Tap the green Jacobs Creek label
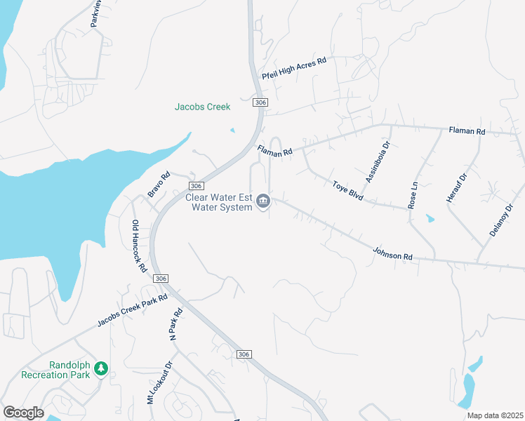pyautogui.click(x=202, y=107)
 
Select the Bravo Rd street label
pyautogui.click(x=159, y=184)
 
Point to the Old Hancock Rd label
pyautogui.click(x=139, y=246)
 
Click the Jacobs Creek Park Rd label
pyautogui.click(x=132, y=310)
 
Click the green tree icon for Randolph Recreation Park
pyautogui.click(x=101, y=368)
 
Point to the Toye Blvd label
pyautogui.click(x=347, y=190)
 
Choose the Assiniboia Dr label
pyautogui.click(x=377, y=161)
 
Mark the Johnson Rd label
pyautogui.click(x=392, y=253)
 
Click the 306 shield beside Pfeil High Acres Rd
pyautogui.click(x=260, y=103)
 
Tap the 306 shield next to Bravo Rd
pyautogui.click(x=197, y=185)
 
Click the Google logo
pyautogui.click(x=23, y=413)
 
